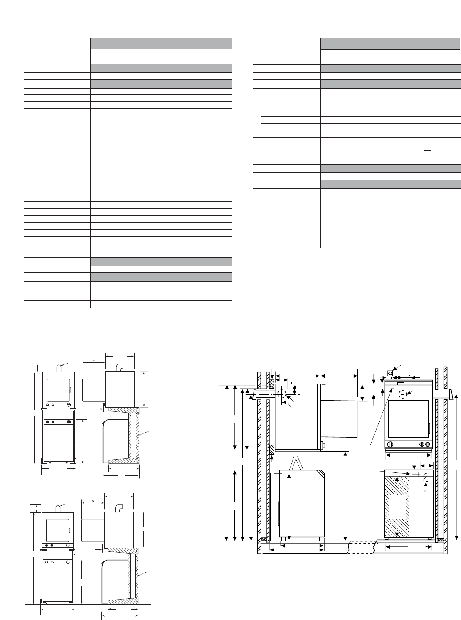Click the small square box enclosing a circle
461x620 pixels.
(390, 374)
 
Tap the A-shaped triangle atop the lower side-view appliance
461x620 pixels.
(296, 463)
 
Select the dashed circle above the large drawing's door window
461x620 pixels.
(403, 394)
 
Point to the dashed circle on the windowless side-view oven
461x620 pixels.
(282, 394)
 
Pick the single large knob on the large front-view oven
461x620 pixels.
(390, 445)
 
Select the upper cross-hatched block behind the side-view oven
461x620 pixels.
(271, 381)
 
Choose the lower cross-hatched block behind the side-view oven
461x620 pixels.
(271, 449)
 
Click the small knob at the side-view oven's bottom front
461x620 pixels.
(323, 445)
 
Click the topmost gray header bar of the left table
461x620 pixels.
(161, 43)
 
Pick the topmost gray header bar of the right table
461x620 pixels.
(391, 43)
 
